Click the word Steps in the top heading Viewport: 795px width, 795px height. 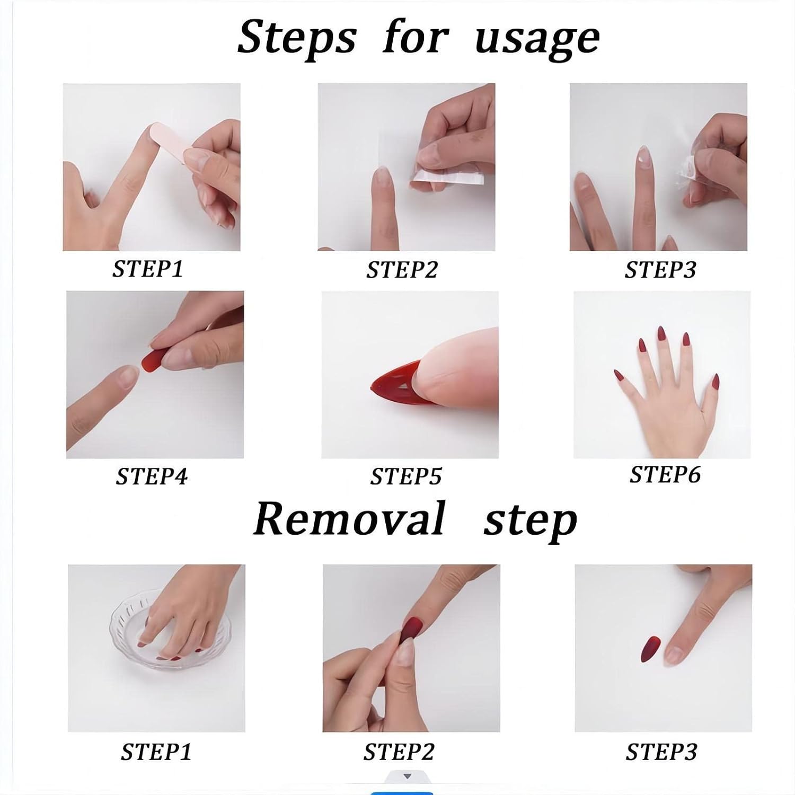coord(296,38)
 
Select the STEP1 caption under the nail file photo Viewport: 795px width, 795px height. coord(147,269)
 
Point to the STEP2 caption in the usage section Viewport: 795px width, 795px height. coord(402,270)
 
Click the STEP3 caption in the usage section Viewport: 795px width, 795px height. coord(660,270)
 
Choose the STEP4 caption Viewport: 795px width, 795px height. coord(152,476)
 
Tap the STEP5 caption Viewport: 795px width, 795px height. coord(405,476)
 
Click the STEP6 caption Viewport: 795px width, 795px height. coord(665,474)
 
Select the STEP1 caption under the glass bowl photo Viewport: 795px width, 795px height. coord(156,752)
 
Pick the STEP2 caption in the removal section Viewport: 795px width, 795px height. coord(399,752)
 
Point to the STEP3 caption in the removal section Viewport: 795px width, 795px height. coord(661,752)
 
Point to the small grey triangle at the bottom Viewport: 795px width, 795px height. coord(407,776)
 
